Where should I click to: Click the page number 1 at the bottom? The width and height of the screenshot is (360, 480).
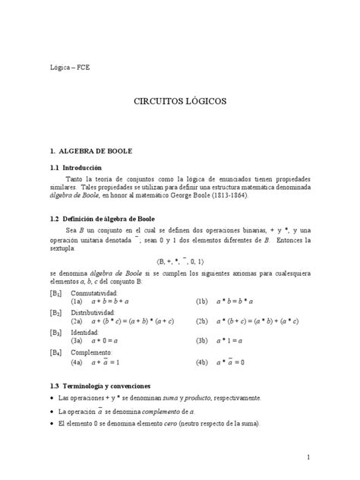pyautogui.click(x=308, y=458)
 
